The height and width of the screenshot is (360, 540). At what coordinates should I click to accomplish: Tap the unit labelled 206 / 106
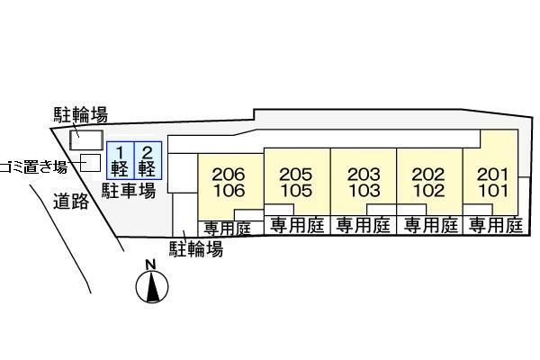click(x=229, y=182)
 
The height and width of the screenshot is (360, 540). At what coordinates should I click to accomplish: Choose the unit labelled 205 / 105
click(x=295, y=182)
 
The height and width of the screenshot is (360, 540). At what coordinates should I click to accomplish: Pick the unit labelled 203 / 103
click(x=364, y=182)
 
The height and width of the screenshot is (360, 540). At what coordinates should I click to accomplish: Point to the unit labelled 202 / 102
click(x=429, y=182)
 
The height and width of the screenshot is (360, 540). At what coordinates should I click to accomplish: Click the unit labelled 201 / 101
click(x=493, y=182)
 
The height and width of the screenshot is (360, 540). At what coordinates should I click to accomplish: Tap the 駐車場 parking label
click(x=128, y=191)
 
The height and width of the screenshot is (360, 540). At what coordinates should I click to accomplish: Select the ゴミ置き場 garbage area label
click(x=34, y=166)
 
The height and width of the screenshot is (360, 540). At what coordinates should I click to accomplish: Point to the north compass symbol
click(x=153, y=287)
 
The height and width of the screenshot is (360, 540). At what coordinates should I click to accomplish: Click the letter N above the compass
click(x=151, y=265)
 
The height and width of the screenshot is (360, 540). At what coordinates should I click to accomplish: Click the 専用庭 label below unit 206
click(x=227, y=228)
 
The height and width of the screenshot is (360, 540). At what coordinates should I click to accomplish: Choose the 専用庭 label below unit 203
click(x=363, y=226)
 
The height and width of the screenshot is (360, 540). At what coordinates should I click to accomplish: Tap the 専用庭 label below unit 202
click(x=429, y=226)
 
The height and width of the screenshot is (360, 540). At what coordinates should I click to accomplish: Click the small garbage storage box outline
click(x=91, y=163)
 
